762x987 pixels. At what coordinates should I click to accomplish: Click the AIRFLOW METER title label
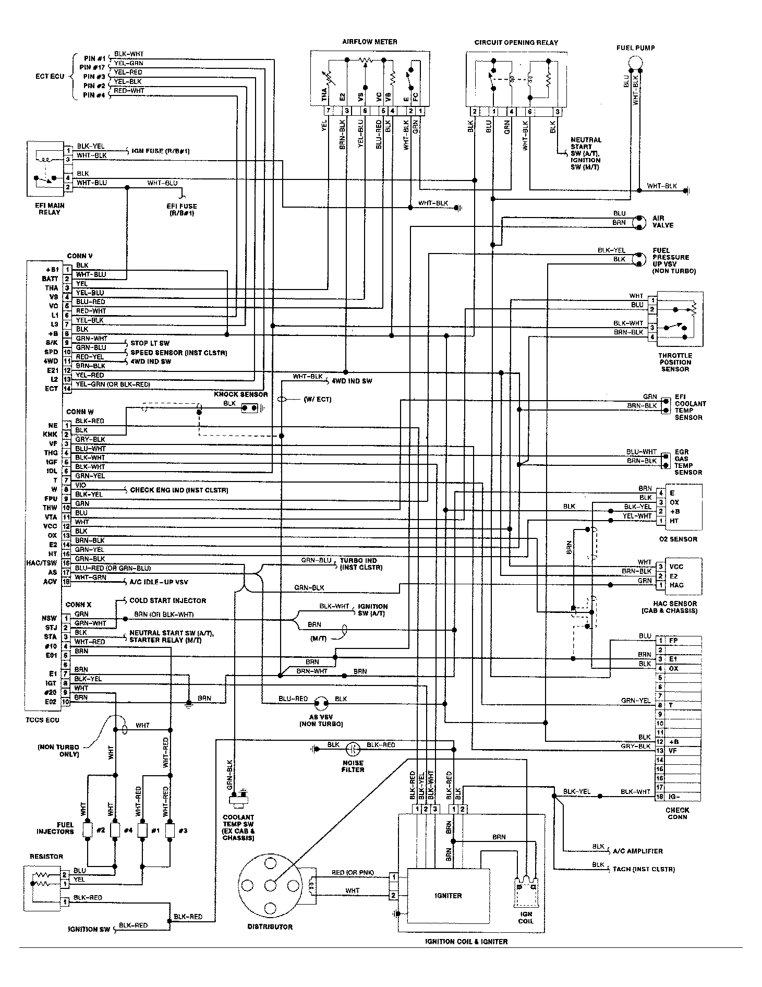370,42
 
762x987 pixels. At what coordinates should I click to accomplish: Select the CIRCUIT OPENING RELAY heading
516,43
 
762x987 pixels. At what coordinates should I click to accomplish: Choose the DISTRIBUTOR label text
270,926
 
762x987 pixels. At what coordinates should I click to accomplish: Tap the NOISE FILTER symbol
353,748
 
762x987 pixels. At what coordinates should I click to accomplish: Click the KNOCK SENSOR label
240,394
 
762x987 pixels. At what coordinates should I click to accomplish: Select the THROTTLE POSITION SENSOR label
675,362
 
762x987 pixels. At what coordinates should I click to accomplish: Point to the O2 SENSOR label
678,539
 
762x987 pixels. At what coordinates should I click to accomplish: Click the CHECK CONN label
677,813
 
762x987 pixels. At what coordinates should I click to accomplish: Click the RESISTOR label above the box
46,856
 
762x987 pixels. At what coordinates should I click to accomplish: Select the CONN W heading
79,412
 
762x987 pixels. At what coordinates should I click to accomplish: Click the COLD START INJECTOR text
167,600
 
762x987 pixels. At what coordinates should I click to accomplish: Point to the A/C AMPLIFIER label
638,851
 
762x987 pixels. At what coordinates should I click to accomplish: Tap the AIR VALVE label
663,222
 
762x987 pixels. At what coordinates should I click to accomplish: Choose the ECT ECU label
50,76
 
